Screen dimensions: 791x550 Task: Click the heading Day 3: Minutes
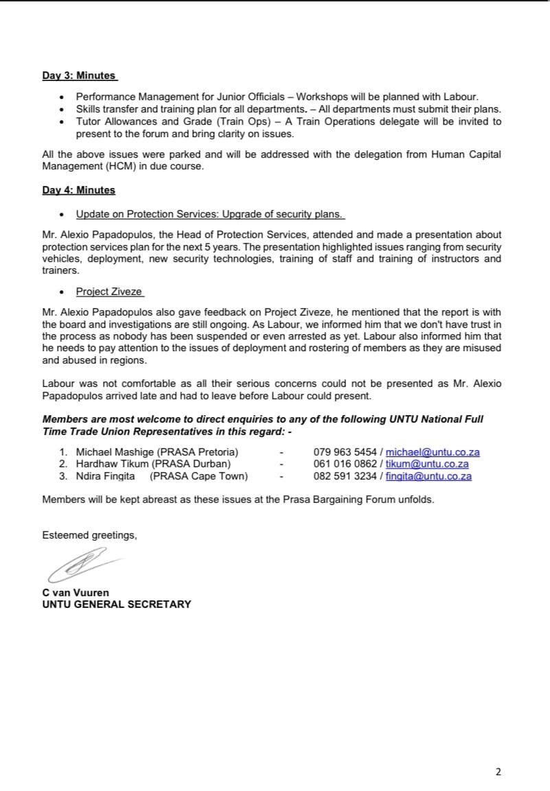pos(79,75)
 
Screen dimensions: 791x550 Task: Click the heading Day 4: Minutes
pos(78,190)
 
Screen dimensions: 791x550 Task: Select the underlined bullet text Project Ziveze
pos(109,292)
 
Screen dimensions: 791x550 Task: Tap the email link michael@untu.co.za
pos(433,452)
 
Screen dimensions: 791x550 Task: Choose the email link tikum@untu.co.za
pos(427,464)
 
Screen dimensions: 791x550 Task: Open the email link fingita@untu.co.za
pos(428,476)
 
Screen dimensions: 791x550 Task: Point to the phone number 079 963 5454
pos(345,452)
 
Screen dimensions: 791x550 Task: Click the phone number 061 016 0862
pos(345,464)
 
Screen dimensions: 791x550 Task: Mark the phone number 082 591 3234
pos(345,476)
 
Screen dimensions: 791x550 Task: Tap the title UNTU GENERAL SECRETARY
pos(117,604)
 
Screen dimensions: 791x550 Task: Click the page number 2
pos(499,772)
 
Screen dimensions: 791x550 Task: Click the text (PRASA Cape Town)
pos(198,476)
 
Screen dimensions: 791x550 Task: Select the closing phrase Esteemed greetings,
pos(89,535)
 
